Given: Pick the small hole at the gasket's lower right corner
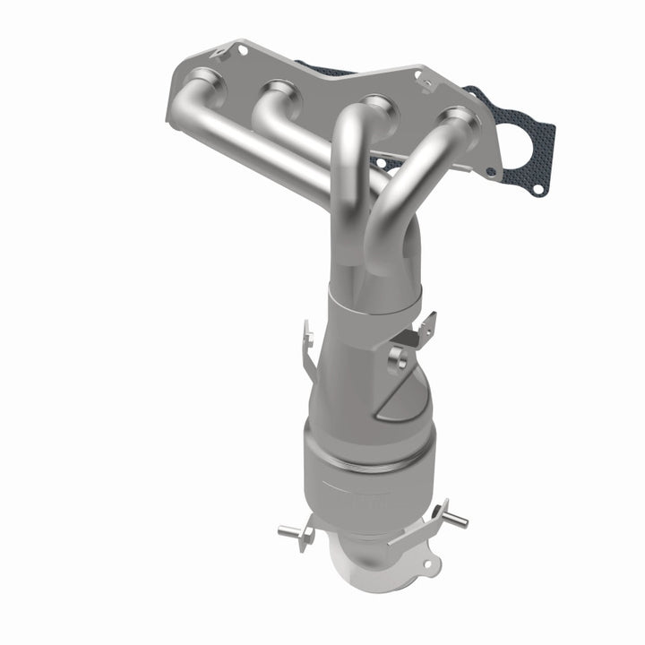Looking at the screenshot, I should [537, 189].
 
